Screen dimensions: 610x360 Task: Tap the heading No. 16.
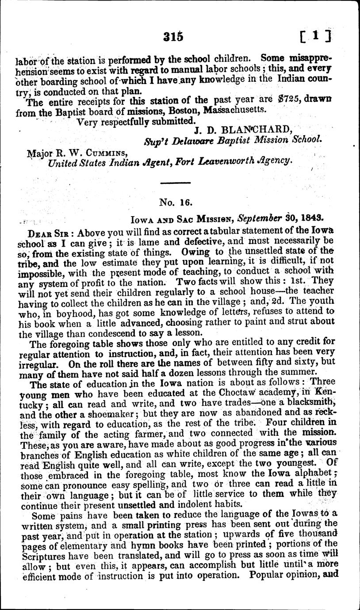point(175,203)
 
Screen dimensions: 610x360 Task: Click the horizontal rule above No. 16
point(174,183)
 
